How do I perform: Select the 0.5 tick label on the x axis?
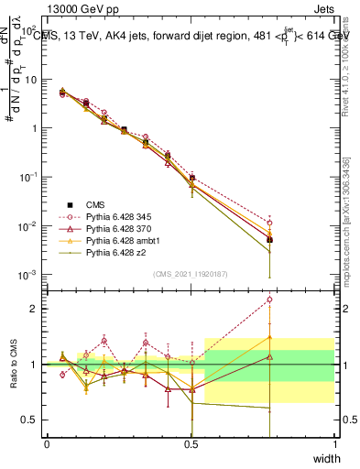(191, 445)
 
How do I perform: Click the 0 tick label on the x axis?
(47, 445)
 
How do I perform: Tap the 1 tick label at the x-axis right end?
(335, 445)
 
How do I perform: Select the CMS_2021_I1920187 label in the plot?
(190, 274)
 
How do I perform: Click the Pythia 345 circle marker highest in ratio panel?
(269, 300)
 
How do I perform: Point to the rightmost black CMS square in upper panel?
(269, 239)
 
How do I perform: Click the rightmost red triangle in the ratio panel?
(269, 337)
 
